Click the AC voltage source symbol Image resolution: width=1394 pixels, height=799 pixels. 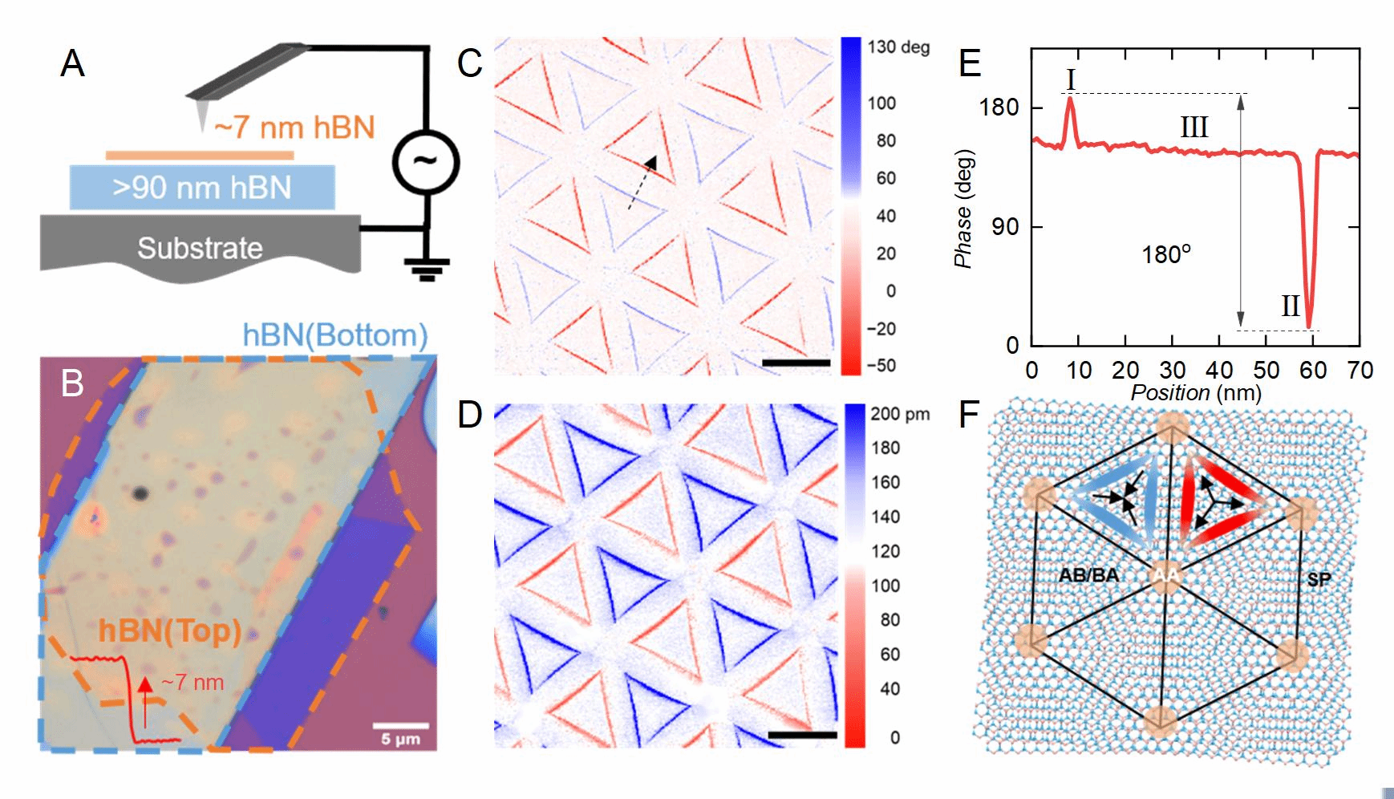point(424,162)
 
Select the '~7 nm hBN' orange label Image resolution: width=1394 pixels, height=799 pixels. point(294,128)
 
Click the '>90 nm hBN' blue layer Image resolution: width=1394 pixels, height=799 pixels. point(202,188)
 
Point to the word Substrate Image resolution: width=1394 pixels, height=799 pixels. point(200,248)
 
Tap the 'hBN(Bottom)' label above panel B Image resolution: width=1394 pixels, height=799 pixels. point(335,335)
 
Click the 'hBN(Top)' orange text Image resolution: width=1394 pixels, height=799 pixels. point(170,631)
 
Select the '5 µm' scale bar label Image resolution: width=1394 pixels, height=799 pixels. point(400,738)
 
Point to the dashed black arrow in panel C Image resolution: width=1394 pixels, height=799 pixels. point(642,183)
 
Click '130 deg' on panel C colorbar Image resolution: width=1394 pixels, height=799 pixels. point(898,47)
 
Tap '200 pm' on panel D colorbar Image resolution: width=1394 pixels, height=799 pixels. point(900,415)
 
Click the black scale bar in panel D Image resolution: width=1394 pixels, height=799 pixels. point(802,735)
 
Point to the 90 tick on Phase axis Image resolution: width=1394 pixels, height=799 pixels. point(1006,227)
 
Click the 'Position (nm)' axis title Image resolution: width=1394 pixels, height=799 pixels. point(1195,393)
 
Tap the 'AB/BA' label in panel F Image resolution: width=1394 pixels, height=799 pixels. point(1088,575)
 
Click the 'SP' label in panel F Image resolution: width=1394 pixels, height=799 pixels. point(1319,579)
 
